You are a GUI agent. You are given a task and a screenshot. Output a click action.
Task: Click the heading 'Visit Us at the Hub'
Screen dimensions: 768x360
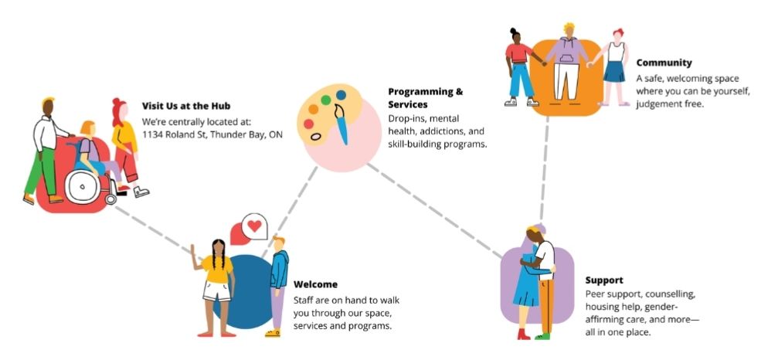(186, 106)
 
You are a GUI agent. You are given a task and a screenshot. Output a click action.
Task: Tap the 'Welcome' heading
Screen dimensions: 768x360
(315, 284)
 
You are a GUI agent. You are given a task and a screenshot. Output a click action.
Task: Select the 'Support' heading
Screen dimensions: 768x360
(604, 280)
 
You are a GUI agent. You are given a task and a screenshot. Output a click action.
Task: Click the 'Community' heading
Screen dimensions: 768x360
(664, 63)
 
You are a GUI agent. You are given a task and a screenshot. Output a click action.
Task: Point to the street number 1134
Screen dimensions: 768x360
(151, 134)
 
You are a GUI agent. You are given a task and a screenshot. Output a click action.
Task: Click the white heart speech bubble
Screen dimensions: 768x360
(255, 226)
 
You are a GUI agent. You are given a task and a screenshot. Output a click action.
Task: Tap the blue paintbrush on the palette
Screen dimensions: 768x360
(342, 124)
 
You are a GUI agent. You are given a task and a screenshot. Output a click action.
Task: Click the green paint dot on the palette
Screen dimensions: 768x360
(326, 100)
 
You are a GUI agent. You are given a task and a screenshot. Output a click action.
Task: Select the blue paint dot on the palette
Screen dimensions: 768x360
(341, 95)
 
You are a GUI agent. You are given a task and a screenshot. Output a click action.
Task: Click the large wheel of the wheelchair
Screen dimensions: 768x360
(82, 187)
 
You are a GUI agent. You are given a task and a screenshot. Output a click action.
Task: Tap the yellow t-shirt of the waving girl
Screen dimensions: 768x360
(216, 269)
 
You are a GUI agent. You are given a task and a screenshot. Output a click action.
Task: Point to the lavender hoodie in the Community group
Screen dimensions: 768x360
(566, 52)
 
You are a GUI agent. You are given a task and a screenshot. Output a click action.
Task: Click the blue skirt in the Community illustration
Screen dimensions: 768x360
(614, 72)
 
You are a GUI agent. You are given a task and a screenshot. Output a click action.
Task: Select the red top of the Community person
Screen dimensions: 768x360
(518, 53)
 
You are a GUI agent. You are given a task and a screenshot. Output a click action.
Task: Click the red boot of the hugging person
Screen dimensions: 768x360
(524, 334)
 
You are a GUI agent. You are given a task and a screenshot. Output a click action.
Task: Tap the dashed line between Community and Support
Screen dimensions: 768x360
(544, 168)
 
